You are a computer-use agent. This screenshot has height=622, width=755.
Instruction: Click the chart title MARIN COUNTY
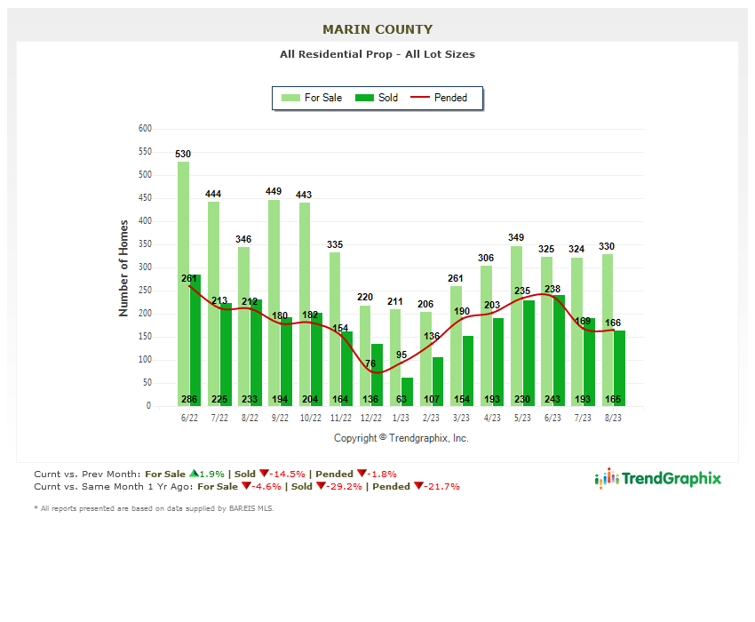click(x=377, y=29)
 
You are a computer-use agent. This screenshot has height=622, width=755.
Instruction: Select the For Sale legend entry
click(x=312, y=98)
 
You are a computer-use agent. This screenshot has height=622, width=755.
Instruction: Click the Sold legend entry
click(x=377, y=98)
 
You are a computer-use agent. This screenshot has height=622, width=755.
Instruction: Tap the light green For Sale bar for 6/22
click(x=183, y=284)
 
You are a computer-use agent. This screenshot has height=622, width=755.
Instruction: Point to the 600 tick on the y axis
click(x=145, y=129)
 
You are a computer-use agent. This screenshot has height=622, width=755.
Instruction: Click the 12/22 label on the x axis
click(x=370, y=418)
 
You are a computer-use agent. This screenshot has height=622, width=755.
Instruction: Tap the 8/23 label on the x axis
click(x=613, y=418)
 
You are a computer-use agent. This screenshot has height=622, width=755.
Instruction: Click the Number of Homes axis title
click(x=123, y=268)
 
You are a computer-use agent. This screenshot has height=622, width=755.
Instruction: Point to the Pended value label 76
click(x=370, y=363)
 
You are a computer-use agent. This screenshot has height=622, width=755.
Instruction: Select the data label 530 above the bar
click(x=183, y=154)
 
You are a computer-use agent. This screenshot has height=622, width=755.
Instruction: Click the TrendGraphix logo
click(x=658, y=479)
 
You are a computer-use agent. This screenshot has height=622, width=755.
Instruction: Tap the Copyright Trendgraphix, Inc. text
click(x=401, y=438)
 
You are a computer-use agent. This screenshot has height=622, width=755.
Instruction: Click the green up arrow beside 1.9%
click(x=193, y=474)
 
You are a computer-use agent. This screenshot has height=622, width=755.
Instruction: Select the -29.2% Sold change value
click(x=347, y=486)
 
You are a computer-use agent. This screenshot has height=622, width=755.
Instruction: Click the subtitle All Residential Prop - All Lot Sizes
click(x=377, y=54)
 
